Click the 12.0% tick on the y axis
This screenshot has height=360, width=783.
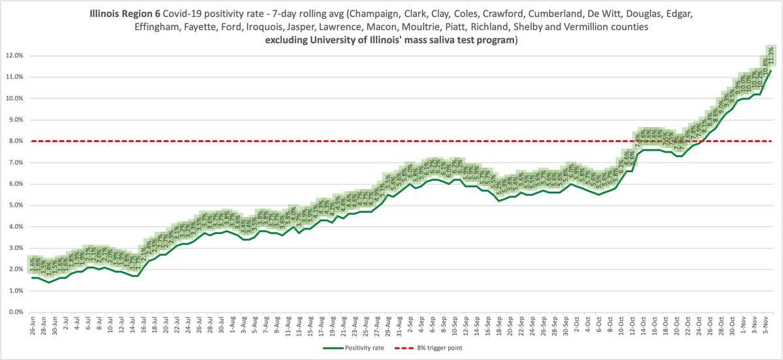[13, 55]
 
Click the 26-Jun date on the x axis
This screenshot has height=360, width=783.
[31, 326]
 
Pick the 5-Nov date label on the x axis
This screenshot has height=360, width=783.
[761, 326]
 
